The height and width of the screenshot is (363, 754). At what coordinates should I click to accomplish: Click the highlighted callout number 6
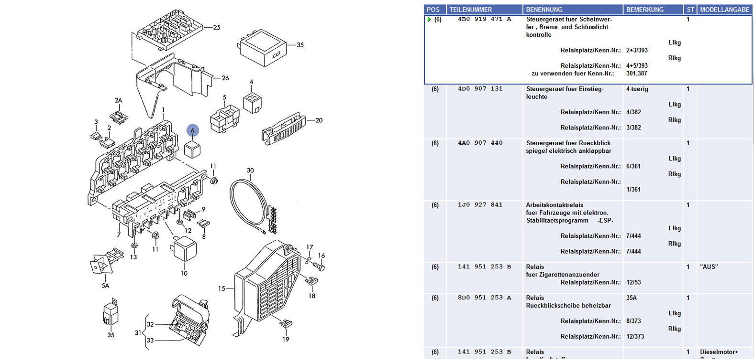click(192, 130)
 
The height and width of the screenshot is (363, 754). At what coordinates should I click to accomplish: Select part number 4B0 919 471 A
click(484, 20)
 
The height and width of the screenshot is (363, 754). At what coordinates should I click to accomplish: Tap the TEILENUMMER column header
click(470, 10)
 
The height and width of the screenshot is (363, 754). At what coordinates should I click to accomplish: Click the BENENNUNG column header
click(544, 10)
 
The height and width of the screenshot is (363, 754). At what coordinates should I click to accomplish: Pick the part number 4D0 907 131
click(480, 89)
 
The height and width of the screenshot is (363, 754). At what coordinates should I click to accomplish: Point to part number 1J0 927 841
click(480, 205)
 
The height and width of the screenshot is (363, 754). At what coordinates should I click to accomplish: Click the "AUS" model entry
click(709, 267)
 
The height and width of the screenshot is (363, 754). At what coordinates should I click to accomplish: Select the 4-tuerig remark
click(637, 89)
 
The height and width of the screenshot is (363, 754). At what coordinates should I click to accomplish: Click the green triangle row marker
click(429, 20)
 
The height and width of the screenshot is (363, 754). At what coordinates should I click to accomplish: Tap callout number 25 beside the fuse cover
click(217, 28)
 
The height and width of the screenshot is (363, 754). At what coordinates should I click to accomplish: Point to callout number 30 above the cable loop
click(250, 171)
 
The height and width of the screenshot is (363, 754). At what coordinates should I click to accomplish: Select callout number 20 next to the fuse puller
click(319, 120)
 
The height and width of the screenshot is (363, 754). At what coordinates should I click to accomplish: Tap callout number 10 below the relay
click(184, 273)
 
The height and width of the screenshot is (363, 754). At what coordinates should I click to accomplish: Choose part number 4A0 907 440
click(480, 143)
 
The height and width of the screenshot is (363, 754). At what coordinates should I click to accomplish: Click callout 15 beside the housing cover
click(222, 288)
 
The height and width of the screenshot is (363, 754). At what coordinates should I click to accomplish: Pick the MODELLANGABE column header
click(724, 10)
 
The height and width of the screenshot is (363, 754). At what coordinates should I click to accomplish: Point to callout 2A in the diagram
click(118, 101)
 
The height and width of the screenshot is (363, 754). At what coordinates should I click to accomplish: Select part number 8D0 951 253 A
click(484, 298)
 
